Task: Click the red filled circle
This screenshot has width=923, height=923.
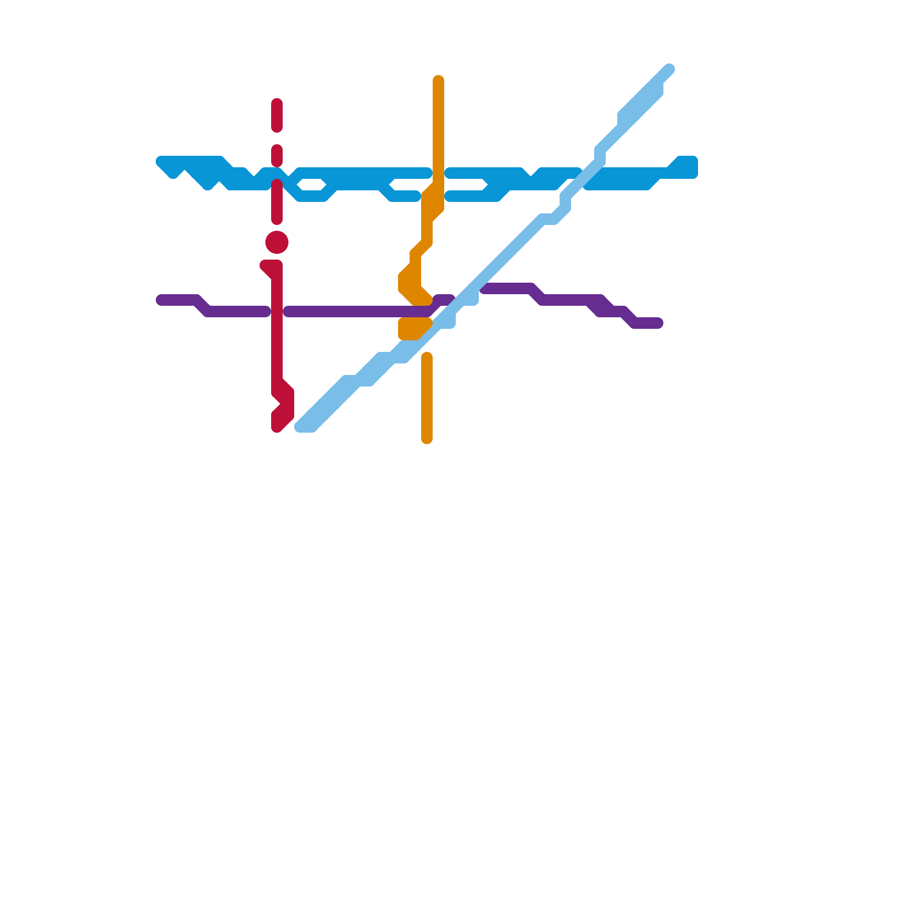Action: (277, 242)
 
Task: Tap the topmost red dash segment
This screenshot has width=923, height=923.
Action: (277, 115)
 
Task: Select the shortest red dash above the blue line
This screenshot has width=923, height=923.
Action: (277, 155)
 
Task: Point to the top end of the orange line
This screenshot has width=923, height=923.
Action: (438, 80)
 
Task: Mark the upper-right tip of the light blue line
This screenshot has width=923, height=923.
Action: (669, 69)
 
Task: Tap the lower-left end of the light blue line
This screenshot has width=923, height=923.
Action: (301, 427)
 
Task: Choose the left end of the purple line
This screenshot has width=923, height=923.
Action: (161, 300)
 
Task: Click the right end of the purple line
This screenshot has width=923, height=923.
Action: (658, 323)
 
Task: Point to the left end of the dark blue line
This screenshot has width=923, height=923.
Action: (162, 162)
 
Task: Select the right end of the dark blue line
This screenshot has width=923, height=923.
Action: (692, 167)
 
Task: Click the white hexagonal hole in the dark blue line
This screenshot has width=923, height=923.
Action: (312, 185)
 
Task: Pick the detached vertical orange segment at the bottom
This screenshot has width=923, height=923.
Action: (427, 398)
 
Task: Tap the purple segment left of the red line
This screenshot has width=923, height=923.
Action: (231, 312)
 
